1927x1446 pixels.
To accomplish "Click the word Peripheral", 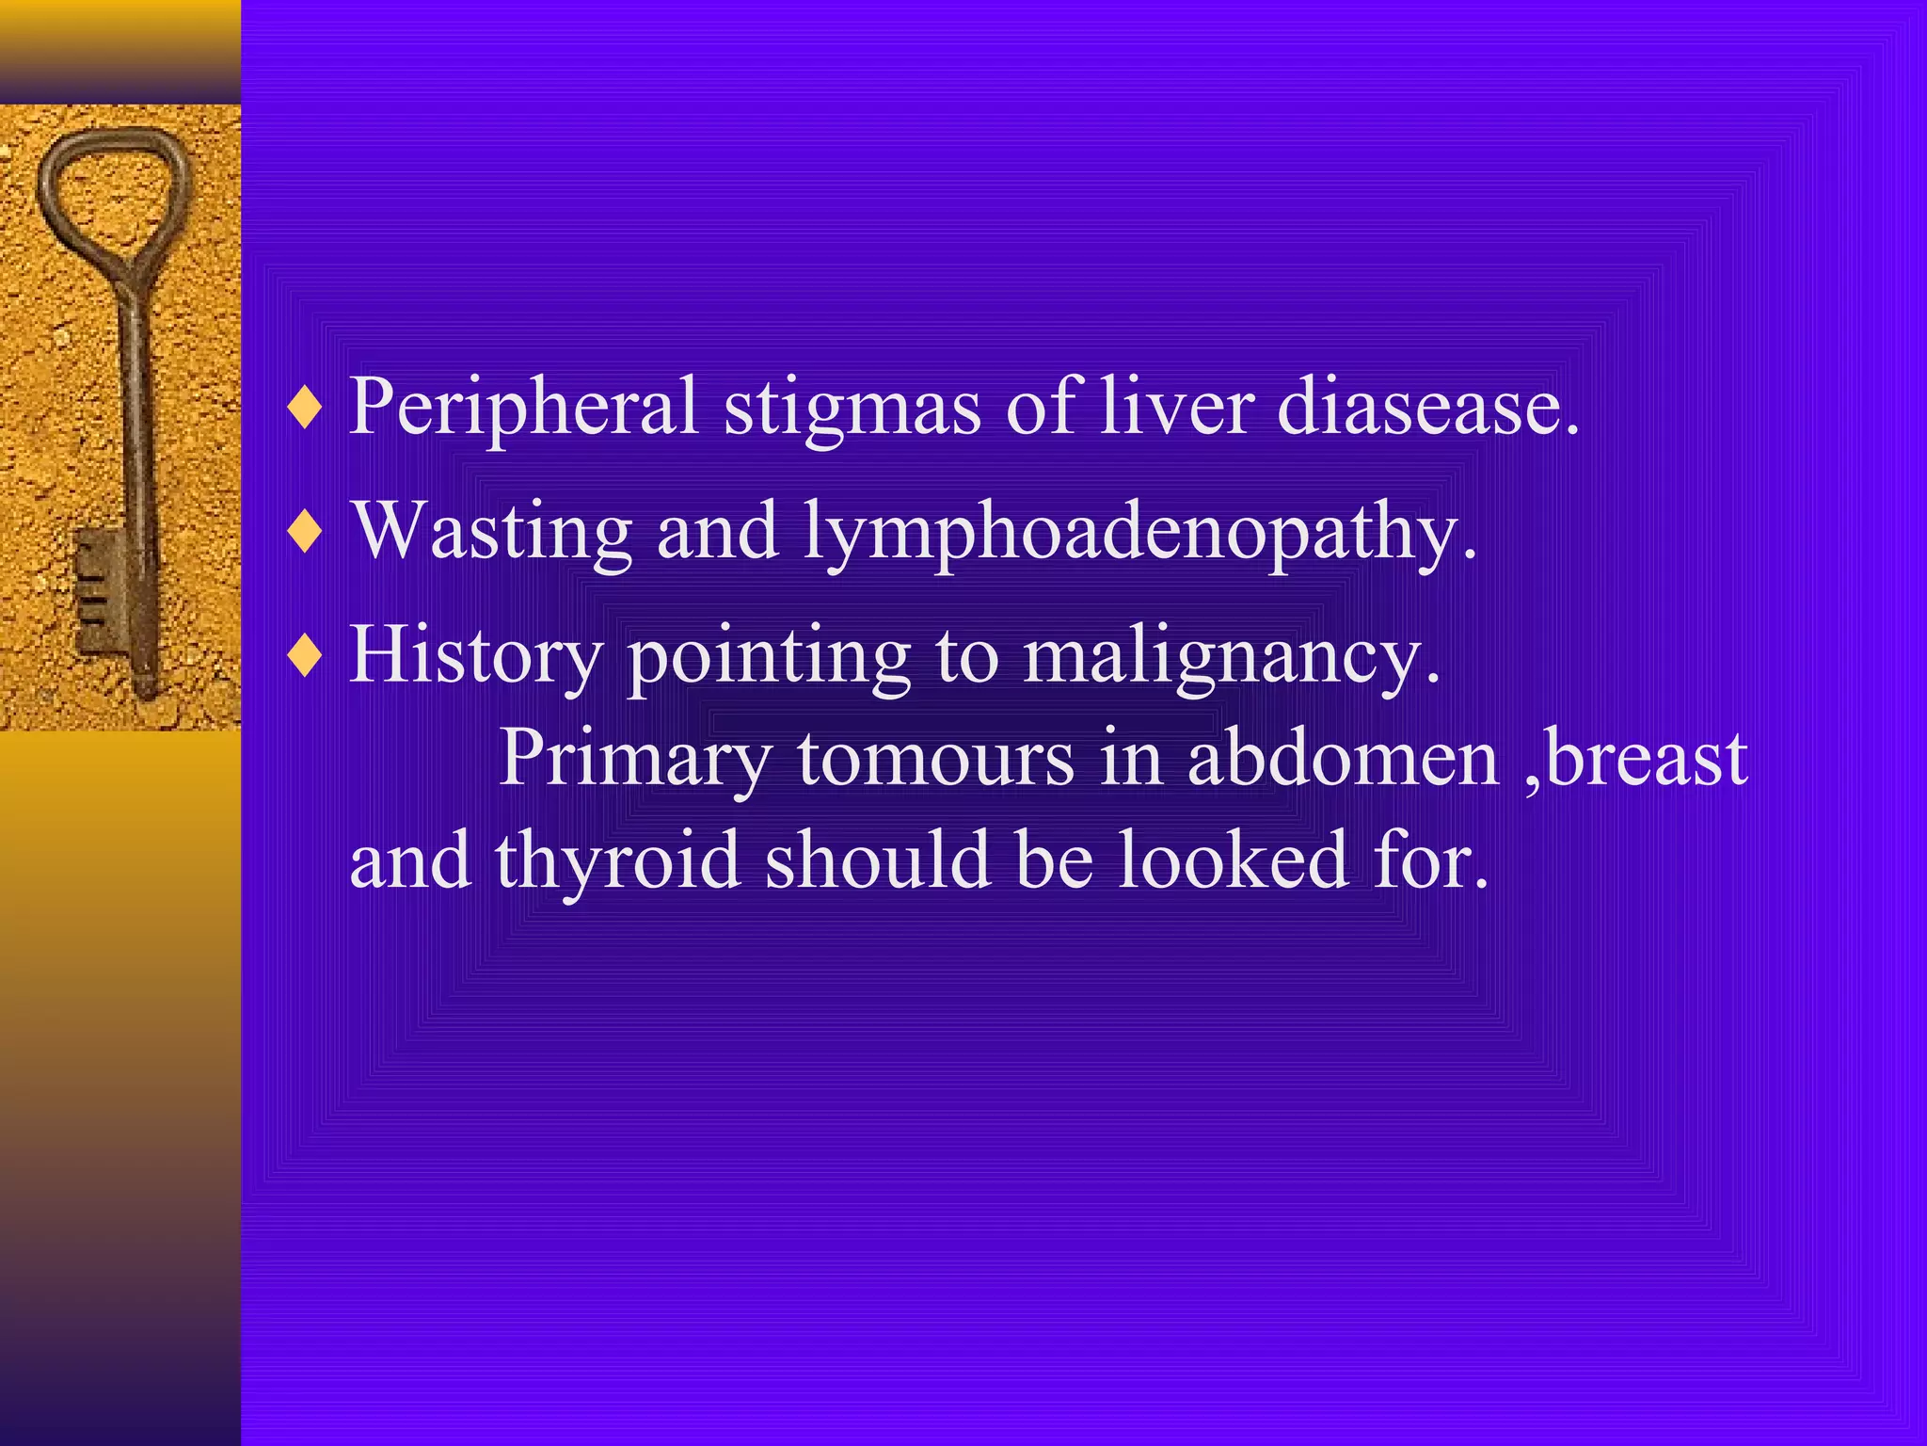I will click(523, 407).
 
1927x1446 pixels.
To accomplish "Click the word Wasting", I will click(491, 533).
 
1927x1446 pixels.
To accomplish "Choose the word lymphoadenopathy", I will click(1139, 533).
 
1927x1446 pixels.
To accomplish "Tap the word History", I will click(475, 657).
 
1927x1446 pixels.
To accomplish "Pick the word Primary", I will click(635, 759).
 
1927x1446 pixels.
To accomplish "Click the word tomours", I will click(935, 759).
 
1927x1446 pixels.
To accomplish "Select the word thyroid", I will click(617, 862).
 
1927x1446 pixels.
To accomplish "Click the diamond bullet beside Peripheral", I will click(305, 409).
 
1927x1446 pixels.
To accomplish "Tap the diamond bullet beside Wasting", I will click(305, 533).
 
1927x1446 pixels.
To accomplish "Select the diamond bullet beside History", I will click(305, 657).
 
